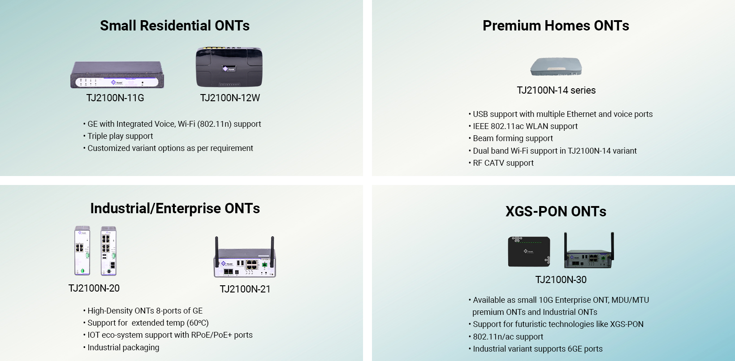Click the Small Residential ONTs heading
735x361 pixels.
coord(175,26)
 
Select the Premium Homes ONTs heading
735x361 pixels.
coord(556,26)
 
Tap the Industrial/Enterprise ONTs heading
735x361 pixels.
coord(175,209)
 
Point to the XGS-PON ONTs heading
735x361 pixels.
coord(556,211)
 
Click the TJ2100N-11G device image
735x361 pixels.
coord(117,75)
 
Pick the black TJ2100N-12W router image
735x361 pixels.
coord(229,67)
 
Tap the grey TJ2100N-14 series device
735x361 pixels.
coord(556,67)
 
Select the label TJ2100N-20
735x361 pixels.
coord(94,288)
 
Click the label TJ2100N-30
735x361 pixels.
coord(561,279)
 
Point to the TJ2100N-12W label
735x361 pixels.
coord(230,98)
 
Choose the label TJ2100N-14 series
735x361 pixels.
coord(556,90)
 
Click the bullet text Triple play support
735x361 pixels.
coord(120,136)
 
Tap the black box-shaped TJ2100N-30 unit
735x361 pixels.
coord(529,251)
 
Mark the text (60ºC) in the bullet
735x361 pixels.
coord(198,323)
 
